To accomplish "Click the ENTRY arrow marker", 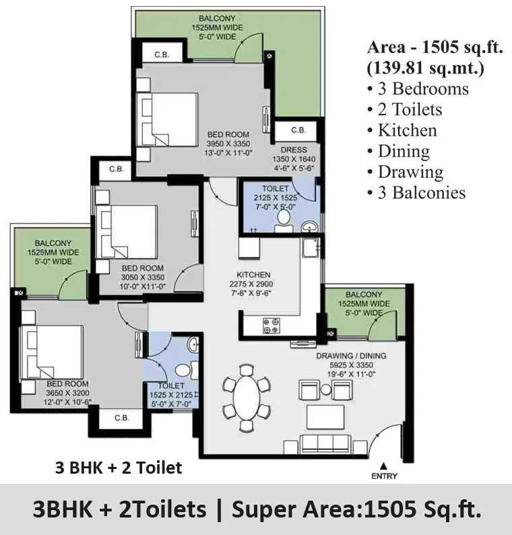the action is pyautogui.click(x=384, y=466).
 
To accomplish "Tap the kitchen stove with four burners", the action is pyautogui.click(x=271, y=325).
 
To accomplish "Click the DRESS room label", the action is pyautogui.click(x=294, y=150).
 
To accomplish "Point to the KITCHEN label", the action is pyautogui.click(x=253, y=275).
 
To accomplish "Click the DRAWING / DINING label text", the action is pyautogui.click(x=352, y=356).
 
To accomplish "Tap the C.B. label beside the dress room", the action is pyautogui.click(x=298, y=130).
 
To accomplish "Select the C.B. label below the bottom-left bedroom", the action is pyautogui.click(x=122, y=418).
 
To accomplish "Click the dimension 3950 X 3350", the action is pyautogui.click(x=228, y=144).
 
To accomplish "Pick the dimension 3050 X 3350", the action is pyautogui.click(x=143, y=278).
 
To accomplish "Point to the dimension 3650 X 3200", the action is pyautogui.click(x=67, y=393).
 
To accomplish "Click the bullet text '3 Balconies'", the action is pyautogui.click(x=416, y=193).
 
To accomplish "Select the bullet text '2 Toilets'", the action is pyautogui.click(x=405, y=110).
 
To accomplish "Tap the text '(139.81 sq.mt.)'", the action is pyautogui.click(x=425, y=68).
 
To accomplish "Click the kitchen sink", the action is pyautogui.click(x=311, y=247).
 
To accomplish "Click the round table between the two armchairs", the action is pyautogui.click(x=326, y=389).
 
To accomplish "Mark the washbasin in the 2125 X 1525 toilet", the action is pyautogui.click(x=310, y=226).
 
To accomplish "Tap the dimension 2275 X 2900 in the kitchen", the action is pyautogui.click(x=251, y=284).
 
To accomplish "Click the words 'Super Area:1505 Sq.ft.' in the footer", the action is pyautogui.click(x=357, y=509).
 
